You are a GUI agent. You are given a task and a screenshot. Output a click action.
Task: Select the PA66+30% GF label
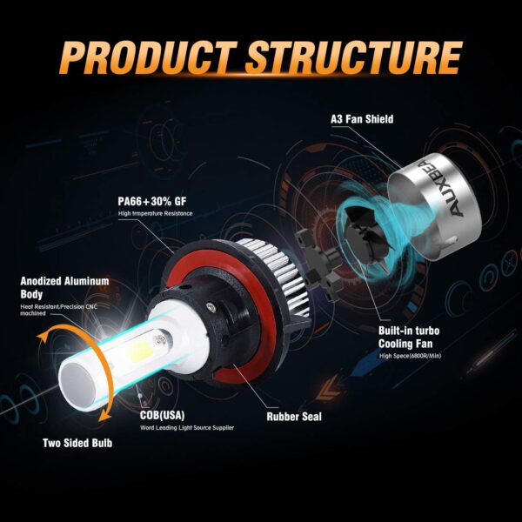(x=152, y=199)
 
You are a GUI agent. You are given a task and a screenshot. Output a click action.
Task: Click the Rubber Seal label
(x=293, y=417)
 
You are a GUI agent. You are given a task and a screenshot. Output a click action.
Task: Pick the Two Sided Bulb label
(x=77, y=443)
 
